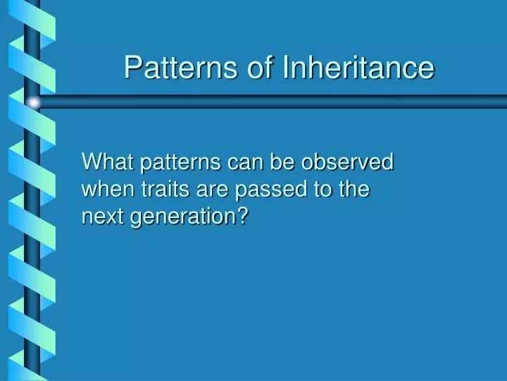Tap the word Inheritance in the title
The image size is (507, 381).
click(358, 68)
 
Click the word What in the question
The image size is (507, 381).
click(108, 162)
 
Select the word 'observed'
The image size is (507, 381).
click(347, 162)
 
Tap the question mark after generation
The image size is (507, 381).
click(243, 217)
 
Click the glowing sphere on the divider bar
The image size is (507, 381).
click(33, 103)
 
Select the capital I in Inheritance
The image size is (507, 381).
click(286, 68)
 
